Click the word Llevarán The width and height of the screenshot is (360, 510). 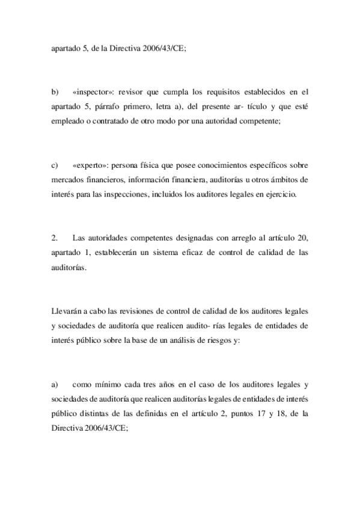point(66,310)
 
